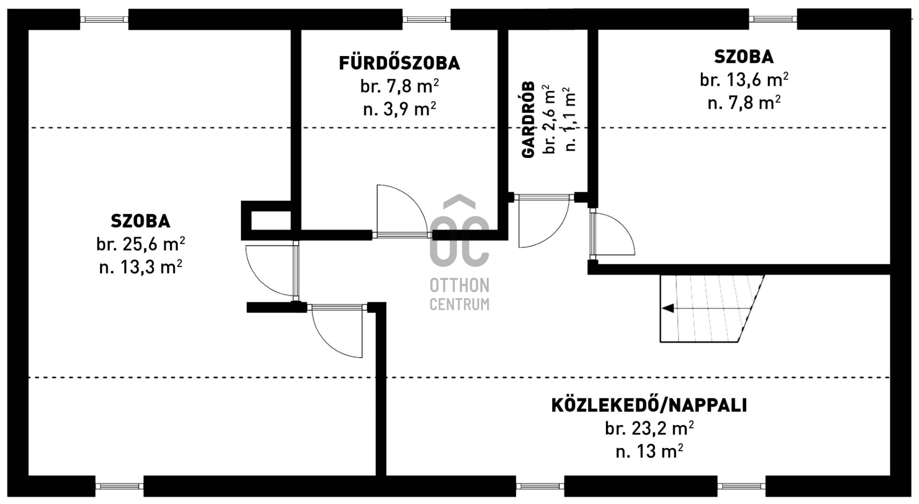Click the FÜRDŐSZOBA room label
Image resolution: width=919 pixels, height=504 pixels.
tap(399, 63)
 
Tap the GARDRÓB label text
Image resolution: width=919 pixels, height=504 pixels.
tap(528, 119)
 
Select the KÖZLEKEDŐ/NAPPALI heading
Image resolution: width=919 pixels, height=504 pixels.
tap(649, 405)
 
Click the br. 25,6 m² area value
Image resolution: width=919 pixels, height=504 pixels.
tap(140, 244)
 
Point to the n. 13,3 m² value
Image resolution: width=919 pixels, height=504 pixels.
tap(140, 267)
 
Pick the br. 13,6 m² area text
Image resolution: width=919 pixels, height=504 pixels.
tap(744, 80)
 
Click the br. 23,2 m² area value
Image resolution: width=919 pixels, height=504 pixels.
tap(649, 428)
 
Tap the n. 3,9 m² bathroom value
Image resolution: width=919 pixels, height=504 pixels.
tap(399, 109)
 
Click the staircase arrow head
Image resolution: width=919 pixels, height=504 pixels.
tap(668, 308)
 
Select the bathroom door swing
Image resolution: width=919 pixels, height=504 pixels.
tap(401, 211)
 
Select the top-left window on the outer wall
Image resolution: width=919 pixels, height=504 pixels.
tap(104, 20)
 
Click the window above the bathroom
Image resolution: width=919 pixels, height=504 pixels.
tap(426, 20)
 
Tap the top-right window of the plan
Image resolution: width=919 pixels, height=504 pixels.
tap(773, 19)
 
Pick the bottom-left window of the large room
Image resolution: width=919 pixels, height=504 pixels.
tap(119, 486)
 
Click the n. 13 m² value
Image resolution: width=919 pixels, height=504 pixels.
tap(649, 451)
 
